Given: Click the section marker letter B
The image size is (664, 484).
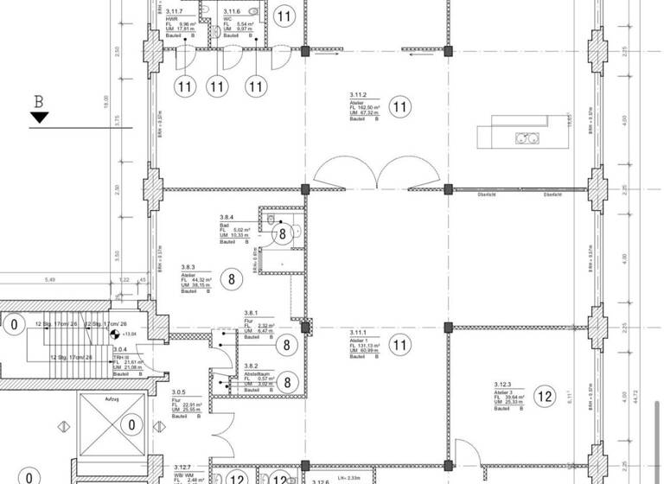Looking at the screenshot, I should tap(38, 101).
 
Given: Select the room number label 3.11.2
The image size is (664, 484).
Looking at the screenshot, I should tap(359, 93).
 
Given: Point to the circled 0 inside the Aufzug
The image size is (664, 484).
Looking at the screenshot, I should tap(131, 424).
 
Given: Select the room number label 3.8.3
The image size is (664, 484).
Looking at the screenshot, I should tap(189, 267).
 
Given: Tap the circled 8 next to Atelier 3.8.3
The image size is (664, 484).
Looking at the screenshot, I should tap(231, 278).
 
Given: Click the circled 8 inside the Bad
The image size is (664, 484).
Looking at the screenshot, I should tap(282, 233).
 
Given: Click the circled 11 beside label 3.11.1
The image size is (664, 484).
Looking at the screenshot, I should tap(399, 347).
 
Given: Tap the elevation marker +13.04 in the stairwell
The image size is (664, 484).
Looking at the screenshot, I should tap(131, 333).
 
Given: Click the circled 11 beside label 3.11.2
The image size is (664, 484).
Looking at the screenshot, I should tap(399, 107).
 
